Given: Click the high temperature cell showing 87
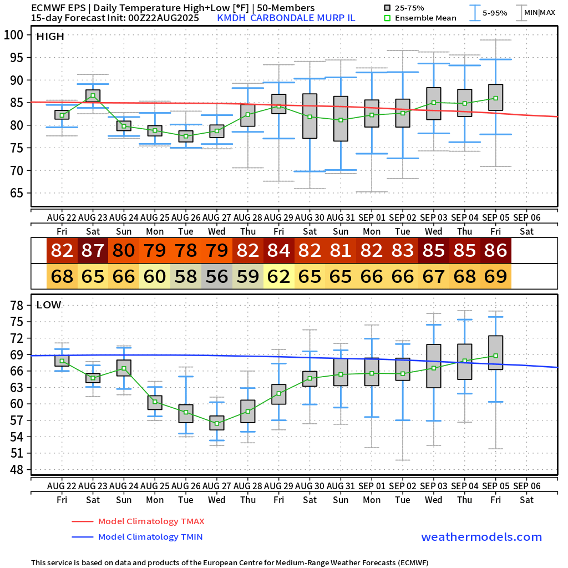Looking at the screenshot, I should click(93, 250).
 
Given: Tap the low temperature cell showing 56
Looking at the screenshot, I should click(217, 276).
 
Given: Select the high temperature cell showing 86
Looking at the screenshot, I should click(496, 250).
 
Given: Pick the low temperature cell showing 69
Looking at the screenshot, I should click(496, 276).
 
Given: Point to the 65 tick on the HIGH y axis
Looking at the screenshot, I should click(17, 193).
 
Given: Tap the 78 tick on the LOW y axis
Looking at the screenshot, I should click(17, 305).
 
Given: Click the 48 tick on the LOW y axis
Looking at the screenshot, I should click(17, 469).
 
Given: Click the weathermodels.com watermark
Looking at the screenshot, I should click(481, 537).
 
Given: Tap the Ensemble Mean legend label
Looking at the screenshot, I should click(425, 18).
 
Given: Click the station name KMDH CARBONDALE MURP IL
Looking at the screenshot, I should click(286, 18).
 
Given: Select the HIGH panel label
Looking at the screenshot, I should click(50, 37).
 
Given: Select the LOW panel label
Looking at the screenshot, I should click(49, 305).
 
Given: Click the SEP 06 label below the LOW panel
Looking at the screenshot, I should click(526, 485).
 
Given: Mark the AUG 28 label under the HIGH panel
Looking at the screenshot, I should click(247, 217).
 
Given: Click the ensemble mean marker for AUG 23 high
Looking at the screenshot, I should click(93, 95).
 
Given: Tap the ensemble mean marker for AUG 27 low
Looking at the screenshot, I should click(217, 423).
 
